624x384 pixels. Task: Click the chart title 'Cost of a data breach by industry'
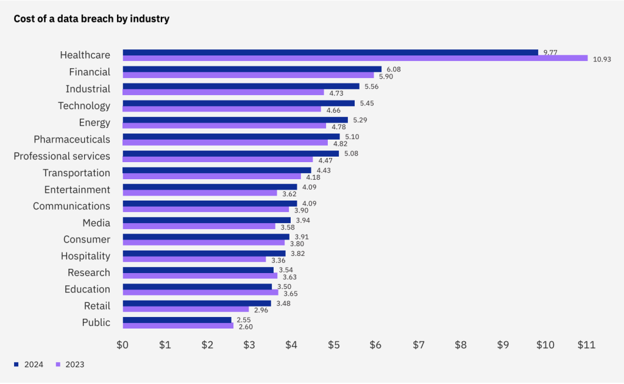coord(91,19)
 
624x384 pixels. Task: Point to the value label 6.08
coord(394,69)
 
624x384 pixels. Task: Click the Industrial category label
coord(88,89)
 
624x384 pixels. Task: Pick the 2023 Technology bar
coord(222,109)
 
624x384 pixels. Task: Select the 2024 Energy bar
coord(235,120)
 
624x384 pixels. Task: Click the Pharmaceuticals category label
coord(72,140)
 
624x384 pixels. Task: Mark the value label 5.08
coord(351,154)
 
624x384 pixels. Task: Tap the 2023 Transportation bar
coord(211,176)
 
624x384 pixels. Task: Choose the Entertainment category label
coord(77,190)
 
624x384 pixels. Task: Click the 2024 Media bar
coord(207,220)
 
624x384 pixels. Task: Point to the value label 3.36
coord(278,260)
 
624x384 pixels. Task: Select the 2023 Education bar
coord(200,293)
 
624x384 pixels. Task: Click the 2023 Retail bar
coord(186,309)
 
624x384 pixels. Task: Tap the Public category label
coord(96,322)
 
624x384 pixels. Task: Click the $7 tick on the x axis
coord(418,345)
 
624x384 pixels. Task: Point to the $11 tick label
coord(586,345)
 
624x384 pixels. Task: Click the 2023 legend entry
coord(69,364)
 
